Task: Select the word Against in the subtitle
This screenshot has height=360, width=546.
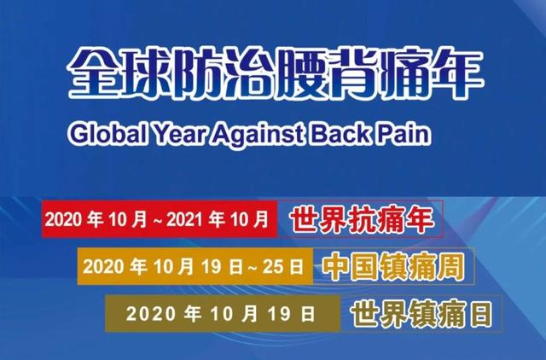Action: (x=262, y=134)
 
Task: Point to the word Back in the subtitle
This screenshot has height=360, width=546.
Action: (x=340, y=133)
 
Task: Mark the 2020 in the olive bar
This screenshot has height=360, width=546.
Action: (x=151, y=314)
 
